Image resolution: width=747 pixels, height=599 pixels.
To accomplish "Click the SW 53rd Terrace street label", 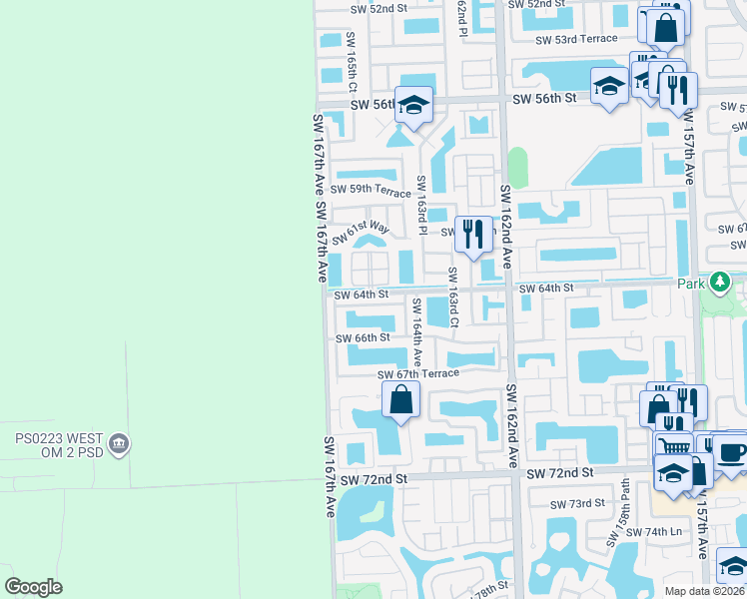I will [x=576, y=40].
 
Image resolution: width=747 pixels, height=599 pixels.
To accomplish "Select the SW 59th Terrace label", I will [x=371, y=190].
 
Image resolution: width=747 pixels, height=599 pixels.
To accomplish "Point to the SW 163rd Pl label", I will [x=422, y=205].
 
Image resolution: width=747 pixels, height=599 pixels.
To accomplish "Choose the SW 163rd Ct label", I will [x=452, y=297].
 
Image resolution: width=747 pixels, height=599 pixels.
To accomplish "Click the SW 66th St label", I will [x=362, y=337].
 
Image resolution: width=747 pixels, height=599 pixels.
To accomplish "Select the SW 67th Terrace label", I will [x=417, y=373].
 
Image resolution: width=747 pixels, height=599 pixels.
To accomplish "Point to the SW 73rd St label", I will [x=577, y=503].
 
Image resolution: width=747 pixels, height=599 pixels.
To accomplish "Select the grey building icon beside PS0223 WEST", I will [x=119, y=441].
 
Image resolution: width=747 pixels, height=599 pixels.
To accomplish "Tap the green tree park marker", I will [x=720, y=283].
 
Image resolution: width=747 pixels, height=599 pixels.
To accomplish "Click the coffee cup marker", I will [x=732, y=452].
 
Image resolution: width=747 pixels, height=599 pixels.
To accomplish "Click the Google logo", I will [x=34, y=587].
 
